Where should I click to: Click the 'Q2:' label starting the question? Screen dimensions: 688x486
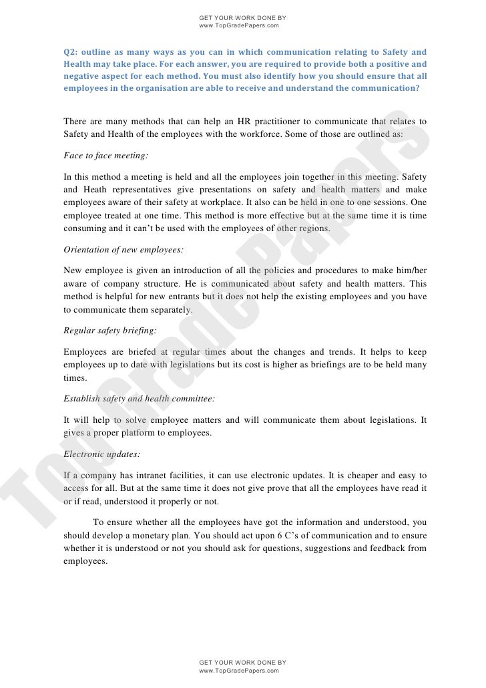click(71, 52)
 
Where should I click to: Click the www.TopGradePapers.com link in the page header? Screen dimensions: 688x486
click(238, 25)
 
